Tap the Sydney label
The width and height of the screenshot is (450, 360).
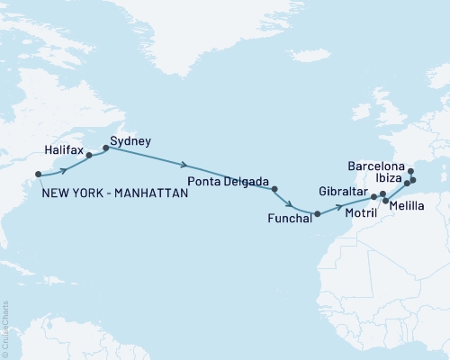click(x=130, y=141)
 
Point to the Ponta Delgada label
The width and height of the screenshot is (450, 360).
click(x=226, y=181)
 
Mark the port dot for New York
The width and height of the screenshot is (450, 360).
click(x=38, y=175)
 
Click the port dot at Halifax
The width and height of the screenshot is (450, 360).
click(x=89, y=155)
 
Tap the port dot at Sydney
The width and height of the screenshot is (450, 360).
click(x=106, y=148)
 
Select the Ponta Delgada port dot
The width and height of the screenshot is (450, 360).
click(x=274, y=189)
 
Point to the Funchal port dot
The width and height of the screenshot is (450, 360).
click(x=317, y=213)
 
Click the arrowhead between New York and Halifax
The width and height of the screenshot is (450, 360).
click(x=64, y=168)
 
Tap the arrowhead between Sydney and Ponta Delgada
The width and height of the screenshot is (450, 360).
click(x=184, y=166)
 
